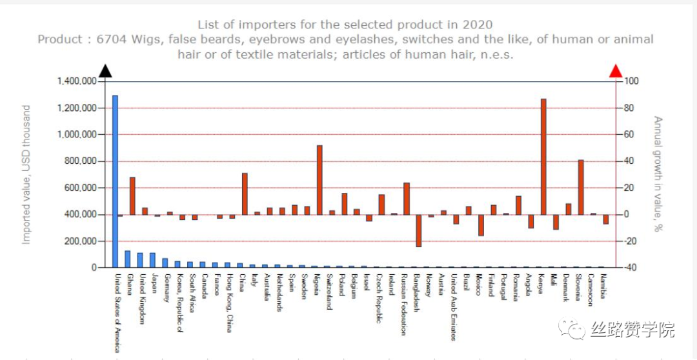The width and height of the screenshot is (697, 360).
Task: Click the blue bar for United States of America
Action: pos(116,181)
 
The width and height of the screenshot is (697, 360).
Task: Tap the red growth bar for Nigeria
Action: pos(319,180)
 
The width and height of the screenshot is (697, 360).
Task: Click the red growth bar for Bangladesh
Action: pos(419,230)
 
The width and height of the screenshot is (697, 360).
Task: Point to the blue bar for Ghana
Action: pos(128,259)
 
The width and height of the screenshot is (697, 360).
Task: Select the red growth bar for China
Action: pos(245,194)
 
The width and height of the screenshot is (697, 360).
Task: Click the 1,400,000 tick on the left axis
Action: pos(77,81)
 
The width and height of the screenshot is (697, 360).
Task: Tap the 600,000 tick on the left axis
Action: pos(81,188)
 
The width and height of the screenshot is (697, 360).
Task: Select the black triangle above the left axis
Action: pos(105,70)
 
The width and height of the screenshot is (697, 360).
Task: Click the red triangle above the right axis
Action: pos(616,70)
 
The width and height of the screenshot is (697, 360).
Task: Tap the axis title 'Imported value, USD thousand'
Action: pos(26,174)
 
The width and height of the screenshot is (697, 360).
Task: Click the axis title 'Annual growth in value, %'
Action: pos(658,174)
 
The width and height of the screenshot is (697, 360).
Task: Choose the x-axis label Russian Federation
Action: pos(404,304)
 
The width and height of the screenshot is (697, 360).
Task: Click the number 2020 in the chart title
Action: pos(477,25)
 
